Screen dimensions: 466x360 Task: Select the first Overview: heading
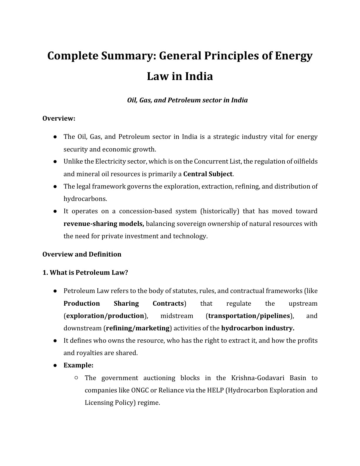(59, 119)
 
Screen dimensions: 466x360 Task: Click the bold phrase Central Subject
(208, 174)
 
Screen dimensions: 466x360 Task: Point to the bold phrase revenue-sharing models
(104, 224)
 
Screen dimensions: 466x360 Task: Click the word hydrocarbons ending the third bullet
(85, 199)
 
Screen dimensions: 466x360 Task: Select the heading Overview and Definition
(82, 254)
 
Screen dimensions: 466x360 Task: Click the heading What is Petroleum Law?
(85, 272)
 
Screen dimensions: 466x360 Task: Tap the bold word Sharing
(126, 303)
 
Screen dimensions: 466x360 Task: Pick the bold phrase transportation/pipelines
(249, 316)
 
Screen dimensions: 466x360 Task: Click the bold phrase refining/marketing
(138, 328)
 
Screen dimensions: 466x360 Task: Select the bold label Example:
(78, 365)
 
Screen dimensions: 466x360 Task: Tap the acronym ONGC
(140, 390)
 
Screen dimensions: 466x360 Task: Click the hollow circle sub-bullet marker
(76, 377)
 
